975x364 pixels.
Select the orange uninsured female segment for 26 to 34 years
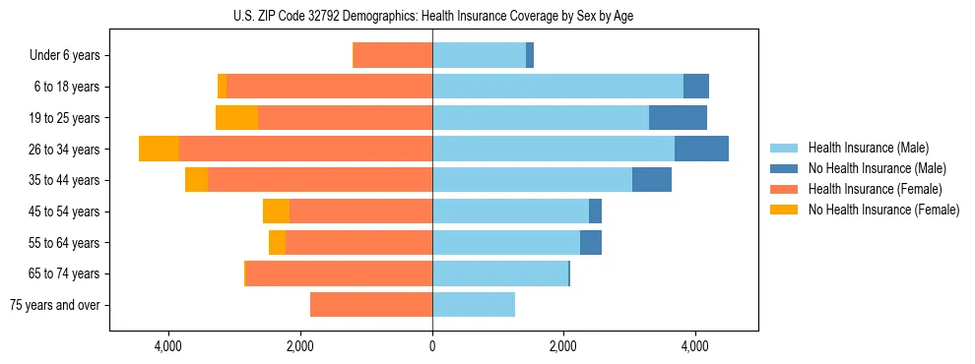159,149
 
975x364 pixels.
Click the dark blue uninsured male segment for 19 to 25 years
678,117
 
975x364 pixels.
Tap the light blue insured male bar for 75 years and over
474,305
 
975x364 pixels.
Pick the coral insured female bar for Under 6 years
392,55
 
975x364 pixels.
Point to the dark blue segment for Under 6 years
530,55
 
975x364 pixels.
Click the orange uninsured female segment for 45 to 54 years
276,212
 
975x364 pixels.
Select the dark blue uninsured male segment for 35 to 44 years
652,180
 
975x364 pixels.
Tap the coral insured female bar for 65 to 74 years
339,273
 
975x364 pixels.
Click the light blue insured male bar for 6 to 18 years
557,87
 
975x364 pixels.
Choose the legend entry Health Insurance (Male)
867,148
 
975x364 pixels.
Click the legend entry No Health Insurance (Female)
883,210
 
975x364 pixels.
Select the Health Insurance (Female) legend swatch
784,189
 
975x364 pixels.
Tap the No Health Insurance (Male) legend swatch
784,168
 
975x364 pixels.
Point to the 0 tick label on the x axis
432,346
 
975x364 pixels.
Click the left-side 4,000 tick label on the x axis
168,346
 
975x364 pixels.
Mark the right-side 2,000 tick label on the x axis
563,346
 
